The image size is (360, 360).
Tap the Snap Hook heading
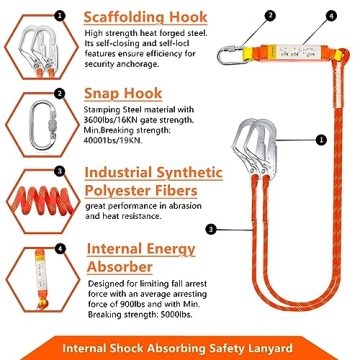118,93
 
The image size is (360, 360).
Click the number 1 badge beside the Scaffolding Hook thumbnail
60,14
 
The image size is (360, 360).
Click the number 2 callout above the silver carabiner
241,15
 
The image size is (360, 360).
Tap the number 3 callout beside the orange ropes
211,229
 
